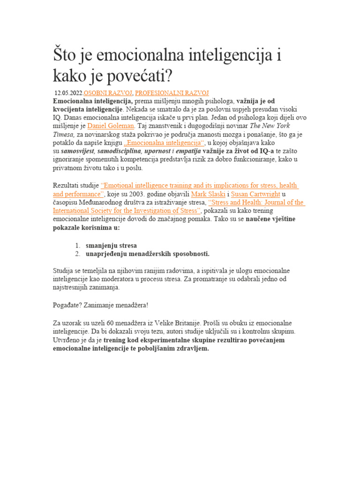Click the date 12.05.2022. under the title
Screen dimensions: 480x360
(69, 93)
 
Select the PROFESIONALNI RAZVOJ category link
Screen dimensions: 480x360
(172, 93)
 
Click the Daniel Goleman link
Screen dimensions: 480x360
(111, 126)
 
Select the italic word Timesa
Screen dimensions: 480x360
(64, 135)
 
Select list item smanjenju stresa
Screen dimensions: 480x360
(112, 245)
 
